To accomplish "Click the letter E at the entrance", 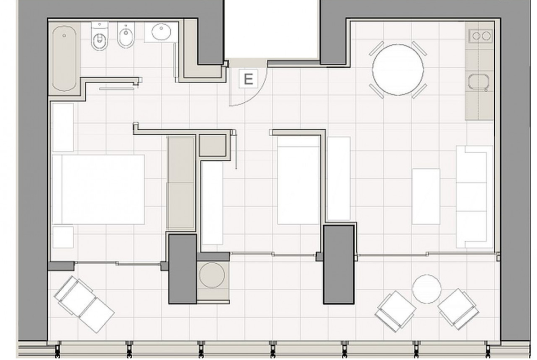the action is pyautogui.click(x=249, y=79).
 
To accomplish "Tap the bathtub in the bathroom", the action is pyautogui.click(x=64, y=58).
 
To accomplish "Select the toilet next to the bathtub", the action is pyautogui.click(x=100, y=36).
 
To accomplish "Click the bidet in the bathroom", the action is pyautogui.click(x=126, y=35).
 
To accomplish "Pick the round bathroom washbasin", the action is pyautogui.click(x=161, y=32).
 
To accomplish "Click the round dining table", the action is pyautogui.click(x=398, y=69).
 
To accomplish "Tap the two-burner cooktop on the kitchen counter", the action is pyautogui.click(x=481, y=36).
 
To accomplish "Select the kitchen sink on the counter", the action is pyautogui.click(x=478, y=83).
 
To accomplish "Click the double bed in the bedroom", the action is pyautogui.click(x=98, y=189).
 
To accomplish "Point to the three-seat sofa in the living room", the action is pyautogui.click(x=474, y=197).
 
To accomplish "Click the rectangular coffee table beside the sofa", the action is pyautogui.click(x=426, y=196).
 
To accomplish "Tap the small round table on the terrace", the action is pyautogui.click(x=426, y=289).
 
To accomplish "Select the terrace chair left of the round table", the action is pyautogui.click(x=396, y=311).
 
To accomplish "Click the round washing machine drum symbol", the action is pyautogui.click(x=212, y=275).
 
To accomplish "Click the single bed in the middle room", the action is pyautogui.click(x=298, y=180).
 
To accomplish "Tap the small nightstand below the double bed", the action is pyautogui.click(x=63, y=237).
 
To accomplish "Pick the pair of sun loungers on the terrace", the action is pyautogui.click(x=84, y=304).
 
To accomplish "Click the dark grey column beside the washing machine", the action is pyautogui.click(x=183, y=269).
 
